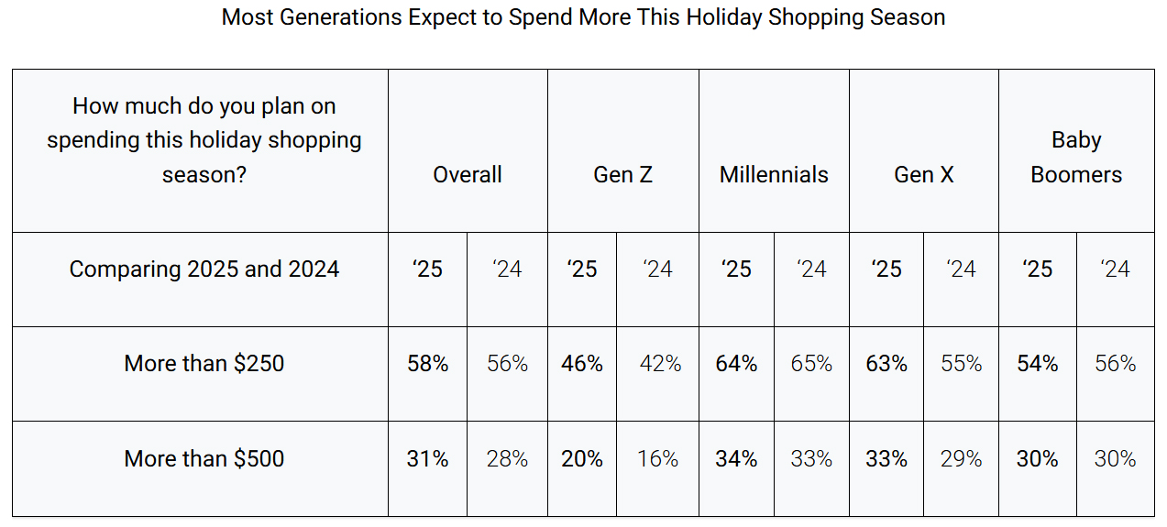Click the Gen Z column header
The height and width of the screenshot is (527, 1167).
pyautogui.click(x=623, y=174)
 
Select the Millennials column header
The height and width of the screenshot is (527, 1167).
pyautogui.click(x=774, y=174)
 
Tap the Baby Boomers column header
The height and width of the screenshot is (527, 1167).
pyautogui.click(x=1076, y=157)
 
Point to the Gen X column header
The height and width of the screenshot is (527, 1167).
pyautogui.click(x=924, y=174)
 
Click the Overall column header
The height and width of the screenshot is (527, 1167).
pyautogui.click(x=468, y=174)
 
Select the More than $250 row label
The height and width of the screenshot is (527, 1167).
pyautogui.click(x=204, y=363)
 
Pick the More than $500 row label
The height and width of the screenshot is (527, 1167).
pyautogui.click(x=204, y=458)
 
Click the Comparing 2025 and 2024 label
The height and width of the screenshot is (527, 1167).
pyautogui.click(x=204, y=269)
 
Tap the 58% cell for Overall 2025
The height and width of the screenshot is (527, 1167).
pyautogui.click(x=428, y=364)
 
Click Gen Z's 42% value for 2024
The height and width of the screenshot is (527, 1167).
pyautogui.click(x=660, y=364)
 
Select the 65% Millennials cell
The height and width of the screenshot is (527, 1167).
pyautogui.click(x=811, y=364)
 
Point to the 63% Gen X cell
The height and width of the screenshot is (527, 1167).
pyautogui.click(x=886, y=364)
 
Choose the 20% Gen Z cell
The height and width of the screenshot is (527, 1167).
pyautogui.click(x=582, y=458)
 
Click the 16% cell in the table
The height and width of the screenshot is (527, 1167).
pyautogui.click(x=658, y=458)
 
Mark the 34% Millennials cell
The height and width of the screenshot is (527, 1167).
pyautogui.click(x=736, y=458)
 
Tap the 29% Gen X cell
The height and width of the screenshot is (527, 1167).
pyautogui.click(x=961, y=458)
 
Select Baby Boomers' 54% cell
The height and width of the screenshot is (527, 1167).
pyautogui.click(x=1038, y=364)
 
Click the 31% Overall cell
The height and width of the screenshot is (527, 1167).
pyautogui.click(x=428, y=458)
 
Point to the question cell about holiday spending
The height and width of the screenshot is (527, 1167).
pyautogui.click(x=204, y=140)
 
